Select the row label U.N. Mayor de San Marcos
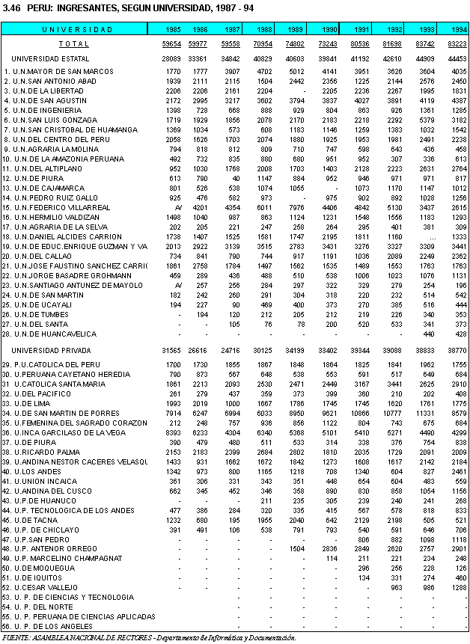[54, 72]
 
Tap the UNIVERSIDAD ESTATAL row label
[51, 58]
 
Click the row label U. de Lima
[31, 402]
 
